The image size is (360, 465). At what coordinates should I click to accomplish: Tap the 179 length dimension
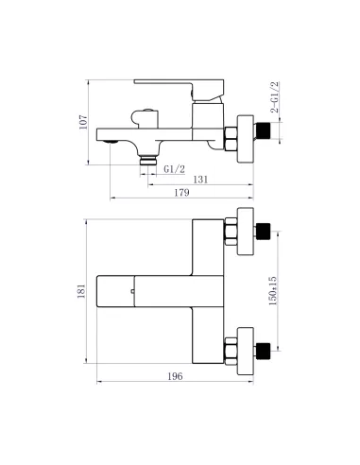(x=182, y=193)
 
